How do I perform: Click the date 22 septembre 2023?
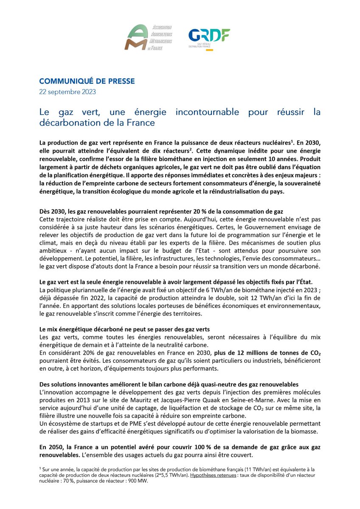67,92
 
